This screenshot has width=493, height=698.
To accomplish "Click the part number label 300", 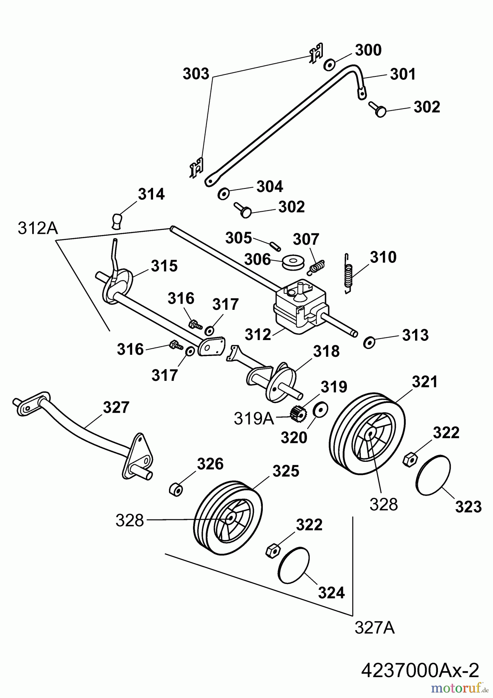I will [368, 50].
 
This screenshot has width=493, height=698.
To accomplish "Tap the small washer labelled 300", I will [329, 65].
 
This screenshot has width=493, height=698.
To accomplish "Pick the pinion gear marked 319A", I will [297, 413].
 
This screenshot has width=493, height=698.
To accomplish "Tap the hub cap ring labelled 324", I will [294, 565].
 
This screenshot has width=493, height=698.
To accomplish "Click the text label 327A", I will [374, 628].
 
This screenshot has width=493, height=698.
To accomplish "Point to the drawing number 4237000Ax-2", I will [420, 670].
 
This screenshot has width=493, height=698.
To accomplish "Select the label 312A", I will [38, 229].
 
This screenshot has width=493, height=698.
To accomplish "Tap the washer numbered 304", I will [224, 193].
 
